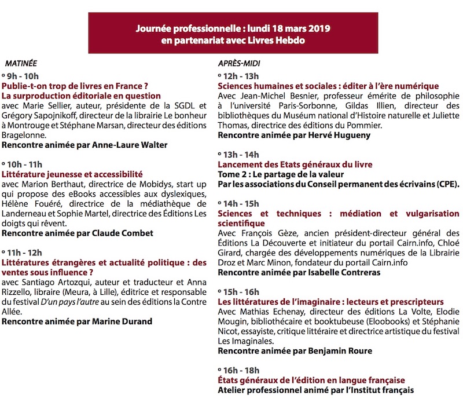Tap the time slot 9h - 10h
[x=24, y=76]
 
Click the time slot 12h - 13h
[x=239, y=76]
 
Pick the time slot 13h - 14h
[x=239, y=155]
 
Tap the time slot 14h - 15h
[x=239, y=203]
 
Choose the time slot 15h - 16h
[x=239, y=291]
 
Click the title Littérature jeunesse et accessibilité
[x=72, y=174]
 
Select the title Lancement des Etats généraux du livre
[x=295, y=164]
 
